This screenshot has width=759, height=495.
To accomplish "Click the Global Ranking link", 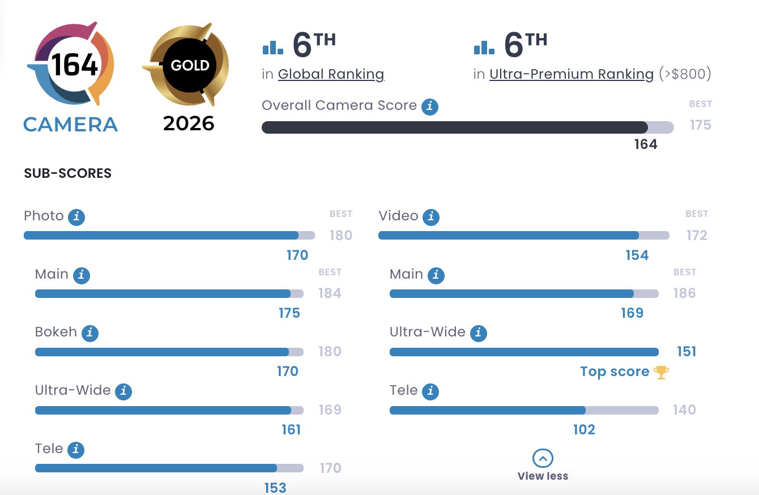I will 331,74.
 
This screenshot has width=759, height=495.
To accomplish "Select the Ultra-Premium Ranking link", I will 571,74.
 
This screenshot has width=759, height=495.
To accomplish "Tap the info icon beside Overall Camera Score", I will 430,106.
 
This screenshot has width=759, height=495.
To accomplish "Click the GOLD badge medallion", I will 190,65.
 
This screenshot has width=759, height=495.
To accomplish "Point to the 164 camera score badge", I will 72,65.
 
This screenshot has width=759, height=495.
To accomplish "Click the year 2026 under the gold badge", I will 189,123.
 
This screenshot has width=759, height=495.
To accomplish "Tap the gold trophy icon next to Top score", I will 661,372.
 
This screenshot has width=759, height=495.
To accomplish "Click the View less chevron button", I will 543,458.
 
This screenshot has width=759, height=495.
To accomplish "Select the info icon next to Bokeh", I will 89,333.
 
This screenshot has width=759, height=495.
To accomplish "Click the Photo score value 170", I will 297,255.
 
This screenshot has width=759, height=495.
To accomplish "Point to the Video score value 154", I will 637,255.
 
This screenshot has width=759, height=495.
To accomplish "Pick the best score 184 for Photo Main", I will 330,293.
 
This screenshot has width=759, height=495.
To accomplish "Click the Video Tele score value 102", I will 584,430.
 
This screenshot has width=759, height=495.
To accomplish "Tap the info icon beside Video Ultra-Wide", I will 478,333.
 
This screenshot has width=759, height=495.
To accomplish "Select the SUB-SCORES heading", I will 67,174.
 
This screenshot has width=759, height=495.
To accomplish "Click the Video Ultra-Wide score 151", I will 686,352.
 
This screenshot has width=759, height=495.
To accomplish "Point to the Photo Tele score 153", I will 275,488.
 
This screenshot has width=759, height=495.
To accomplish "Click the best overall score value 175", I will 700,125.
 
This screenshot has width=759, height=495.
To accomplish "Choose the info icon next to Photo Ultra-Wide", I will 123,391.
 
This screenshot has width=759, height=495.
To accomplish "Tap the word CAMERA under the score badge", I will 71,124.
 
